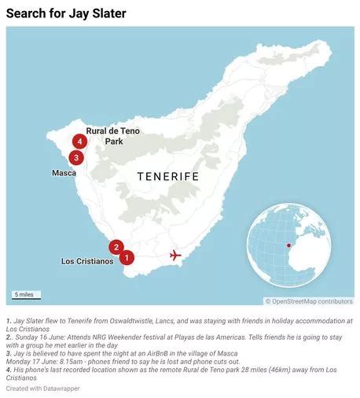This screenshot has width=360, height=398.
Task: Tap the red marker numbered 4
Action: [x=79, y=142]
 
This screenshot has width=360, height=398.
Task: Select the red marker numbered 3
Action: [x=75, y=157]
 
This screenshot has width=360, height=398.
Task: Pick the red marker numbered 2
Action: [x=116, y=247]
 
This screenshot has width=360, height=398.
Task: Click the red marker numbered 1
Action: [x=127, y=257]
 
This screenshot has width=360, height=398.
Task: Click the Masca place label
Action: [x=64, y=172]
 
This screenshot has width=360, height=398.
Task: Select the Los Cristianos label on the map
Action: [x=87, y=261]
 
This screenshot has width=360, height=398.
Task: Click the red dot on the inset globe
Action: [x=288, y=245]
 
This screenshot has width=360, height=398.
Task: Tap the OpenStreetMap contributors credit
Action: [x=309, y=301]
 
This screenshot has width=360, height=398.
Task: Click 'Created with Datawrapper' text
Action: [x=42, y=389]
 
